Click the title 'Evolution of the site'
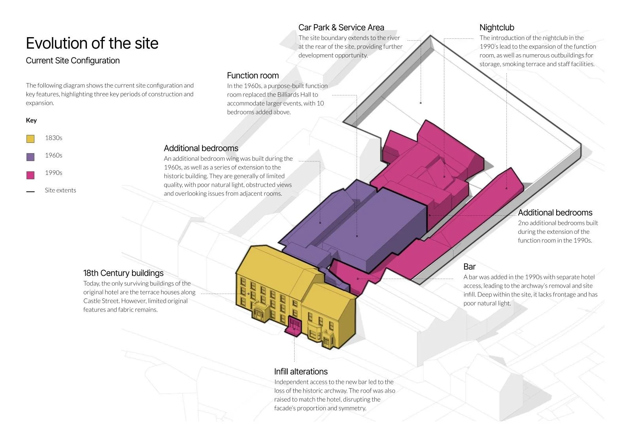pyautogui.click(x=92, y=43)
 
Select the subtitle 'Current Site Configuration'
pyautogui.click(x=73, y=61)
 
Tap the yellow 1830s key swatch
pyautogui.click(x=30, y=139)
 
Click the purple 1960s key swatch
pyautogui.click(x=30, y=157)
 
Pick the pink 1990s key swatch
pyautogui.click(x=30, y=175)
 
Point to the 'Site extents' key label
pyautogui.click(x=60, y=190)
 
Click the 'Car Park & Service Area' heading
pyautogui.click(x=341, y=27)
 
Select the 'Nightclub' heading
pyautogui.click(x=497, y=27)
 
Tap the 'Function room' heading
pyautogui.click(x=253, y=76)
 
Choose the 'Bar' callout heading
pyautogui.click(x=469, y=267)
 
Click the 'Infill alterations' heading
pyautogui.click(x=301, y=372)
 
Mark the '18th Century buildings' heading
pyautogui.click(x=123, y=273)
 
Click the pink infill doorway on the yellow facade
pyautogui.click(x=294, y=325)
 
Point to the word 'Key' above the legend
pyautogui.click(x=31, y=120)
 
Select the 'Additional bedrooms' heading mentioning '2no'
pyautogui.click(x=555, y=213)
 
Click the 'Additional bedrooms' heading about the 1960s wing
pyautogui.click(x=201, y=148)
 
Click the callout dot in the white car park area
pyautogui.click(x=421, y=103)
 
